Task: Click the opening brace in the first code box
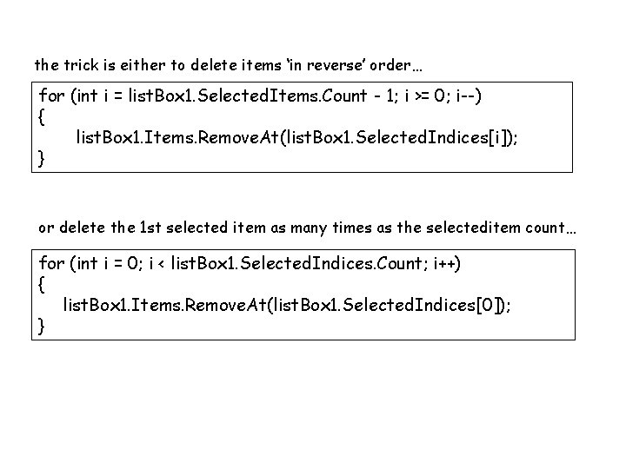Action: [x=43, y=116]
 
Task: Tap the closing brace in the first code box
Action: [x=43, y=158]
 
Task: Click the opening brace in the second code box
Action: [x=43, y=283]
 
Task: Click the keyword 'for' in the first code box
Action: [x=52, y=96]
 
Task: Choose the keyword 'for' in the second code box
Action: [x=52, y=262]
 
